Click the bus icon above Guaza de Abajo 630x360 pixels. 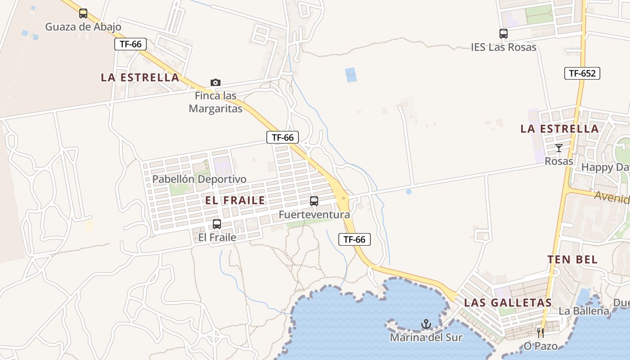[x=83, y=13]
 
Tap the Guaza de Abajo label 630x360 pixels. [x=83, y=27]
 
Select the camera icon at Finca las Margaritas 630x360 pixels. [x=216, y=83]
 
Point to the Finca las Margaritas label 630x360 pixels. [x=216, y=102]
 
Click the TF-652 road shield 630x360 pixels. [x=582, y=73]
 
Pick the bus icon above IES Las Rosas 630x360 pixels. [x=504, y=34]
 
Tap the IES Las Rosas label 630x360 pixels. [x=504, y=47]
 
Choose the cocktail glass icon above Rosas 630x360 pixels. [x=559, y=148]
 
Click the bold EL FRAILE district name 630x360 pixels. [x=235, y=201]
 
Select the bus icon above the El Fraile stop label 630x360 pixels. [x=217, y=224]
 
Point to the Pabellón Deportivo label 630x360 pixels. [x=199, y=179]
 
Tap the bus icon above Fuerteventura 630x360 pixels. [x=314, y=201]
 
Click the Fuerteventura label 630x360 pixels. [x=314, y=215]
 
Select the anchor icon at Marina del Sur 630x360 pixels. [x=426, y=324]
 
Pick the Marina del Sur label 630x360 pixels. [x=426, y=337]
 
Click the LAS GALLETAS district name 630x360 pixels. [x=508, y=303]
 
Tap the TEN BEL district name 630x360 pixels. [x=572, y=260]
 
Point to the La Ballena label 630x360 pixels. [x=584, y=311]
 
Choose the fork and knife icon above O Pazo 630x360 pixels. [x=540, y=333]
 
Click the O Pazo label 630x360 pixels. [x=540, y=346]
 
